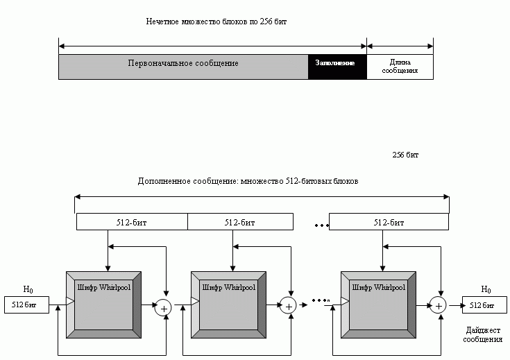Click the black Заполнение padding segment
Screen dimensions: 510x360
point(337,67)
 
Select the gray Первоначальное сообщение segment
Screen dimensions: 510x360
point(183,67)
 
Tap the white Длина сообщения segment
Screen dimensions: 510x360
point(400,67)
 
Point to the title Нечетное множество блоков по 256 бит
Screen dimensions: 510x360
point(216,22)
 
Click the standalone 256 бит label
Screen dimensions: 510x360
point(405,155)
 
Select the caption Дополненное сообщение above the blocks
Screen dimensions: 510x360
point(248,181)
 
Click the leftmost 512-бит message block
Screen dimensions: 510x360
point(132,222)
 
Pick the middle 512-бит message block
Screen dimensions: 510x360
point(240,222)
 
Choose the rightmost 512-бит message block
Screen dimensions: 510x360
point(389,222)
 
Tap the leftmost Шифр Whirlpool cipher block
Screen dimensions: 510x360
point(104,305)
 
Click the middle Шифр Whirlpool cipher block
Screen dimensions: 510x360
point(229,305)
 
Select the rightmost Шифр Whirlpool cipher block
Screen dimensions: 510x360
point(378,305)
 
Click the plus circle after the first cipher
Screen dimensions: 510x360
point(163,308)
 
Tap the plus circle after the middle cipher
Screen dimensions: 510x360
point(288,306)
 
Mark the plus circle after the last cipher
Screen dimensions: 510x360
point(438,305)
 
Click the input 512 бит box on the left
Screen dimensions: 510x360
point(26,305)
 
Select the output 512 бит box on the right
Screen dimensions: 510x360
point(484,305)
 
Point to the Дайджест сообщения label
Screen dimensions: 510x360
point(483,334)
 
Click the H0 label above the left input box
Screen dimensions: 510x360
point(28,289)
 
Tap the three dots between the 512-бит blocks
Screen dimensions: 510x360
point(322,225)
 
